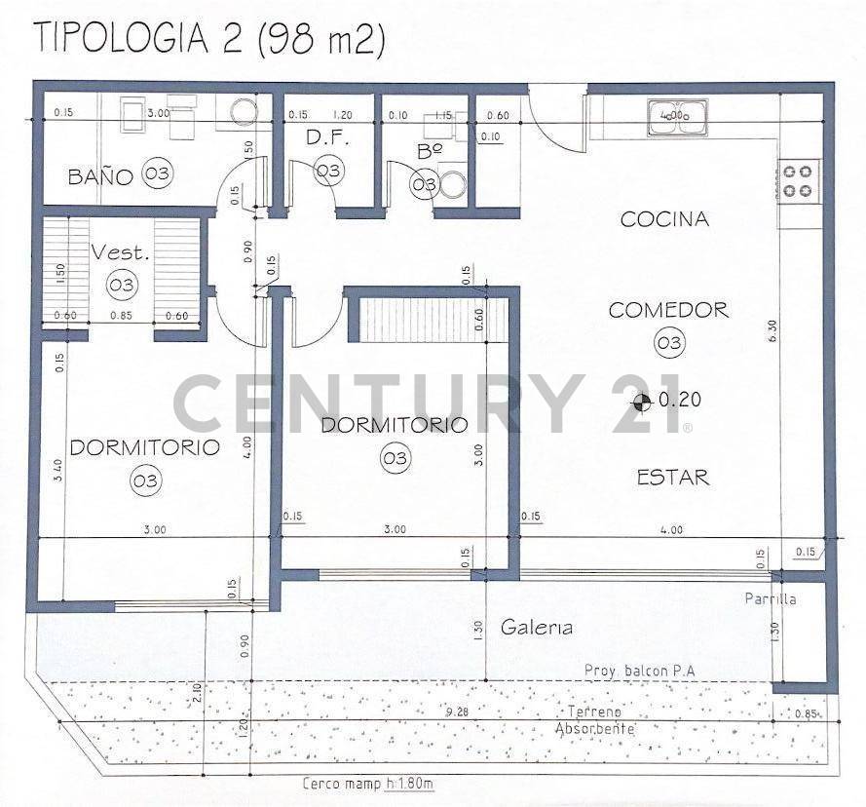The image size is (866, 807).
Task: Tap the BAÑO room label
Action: tap(99, 177)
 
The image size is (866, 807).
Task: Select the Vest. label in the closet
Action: tap(121, 252)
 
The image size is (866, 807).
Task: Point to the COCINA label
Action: tap(664, 219)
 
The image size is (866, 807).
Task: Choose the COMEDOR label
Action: tap(668, 310)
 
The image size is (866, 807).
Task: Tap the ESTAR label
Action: tap(672, 477)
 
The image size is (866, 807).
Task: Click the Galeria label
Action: tap(535, 628)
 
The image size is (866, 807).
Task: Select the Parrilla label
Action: tap(771, 598)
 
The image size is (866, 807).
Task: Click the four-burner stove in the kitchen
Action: tap(799, 180)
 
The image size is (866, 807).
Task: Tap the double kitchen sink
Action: tap(678, 115)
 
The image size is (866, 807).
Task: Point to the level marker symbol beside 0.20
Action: tap(642, 400)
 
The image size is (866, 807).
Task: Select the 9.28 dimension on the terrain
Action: tap(456, 713)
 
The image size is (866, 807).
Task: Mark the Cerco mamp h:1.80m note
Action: tap(367, 784)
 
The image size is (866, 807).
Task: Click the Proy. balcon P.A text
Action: tap(638, 671)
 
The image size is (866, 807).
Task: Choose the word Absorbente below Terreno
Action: tap(594, 729)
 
